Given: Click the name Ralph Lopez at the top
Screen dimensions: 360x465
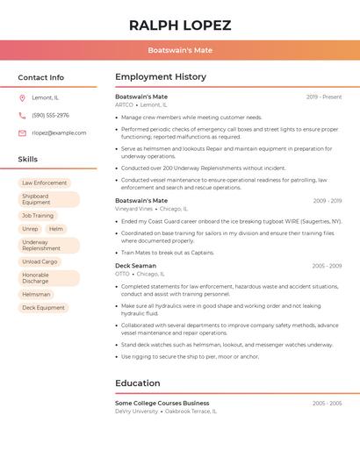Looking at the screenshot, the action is (180, 25).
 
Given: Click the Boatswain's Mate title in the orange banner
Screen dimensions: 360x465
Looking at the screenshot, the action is (180, 50).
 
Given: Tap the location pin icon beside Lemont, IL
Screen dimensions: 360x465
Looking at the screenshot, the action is (22, 98).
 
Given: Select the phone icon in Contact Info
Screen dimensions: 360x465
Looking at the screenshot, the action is (22, 116).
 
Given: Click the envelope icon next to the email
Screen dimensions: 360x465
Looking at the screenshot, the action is (22, 133).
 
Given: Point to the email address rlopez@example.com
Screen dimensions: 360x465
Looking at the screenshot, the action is (59, 133).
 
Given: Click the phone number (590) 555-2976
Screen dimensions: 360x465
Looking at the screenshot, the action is (50, 116).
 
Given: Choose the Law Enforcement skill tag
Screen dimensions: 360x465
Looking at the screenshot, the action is (45, 183).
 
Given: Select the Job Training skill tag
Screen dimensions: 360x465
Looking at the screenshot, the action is (38, 215).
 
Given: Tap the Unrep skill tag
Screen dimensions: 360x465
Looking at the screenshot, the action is (30, 229).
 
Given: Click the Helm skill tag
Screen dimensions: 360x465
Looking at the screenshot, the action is (56, 229).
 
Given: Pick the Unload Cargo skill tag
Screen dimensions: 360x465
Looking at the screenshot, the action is (40, 261).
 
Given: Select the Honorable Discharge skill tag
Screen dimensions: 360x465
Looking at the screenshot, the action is (37, 278).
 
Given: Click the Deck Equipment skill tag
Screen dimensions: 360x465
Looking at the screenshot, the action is (43, 308).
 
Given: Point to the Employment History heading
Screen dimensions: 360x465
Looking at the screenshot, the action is (161, 77).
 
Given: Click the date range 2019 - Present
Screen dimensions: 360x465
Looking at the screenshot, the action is (324, 97).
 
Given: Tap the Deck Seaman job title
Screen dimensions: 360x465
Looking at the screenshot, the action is (135, 266).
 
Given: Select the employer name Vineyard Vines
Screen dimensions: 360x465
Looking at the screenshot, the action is (133, 209).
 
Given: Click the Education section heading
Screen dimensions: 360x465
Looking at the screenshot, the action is (138, 383).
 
